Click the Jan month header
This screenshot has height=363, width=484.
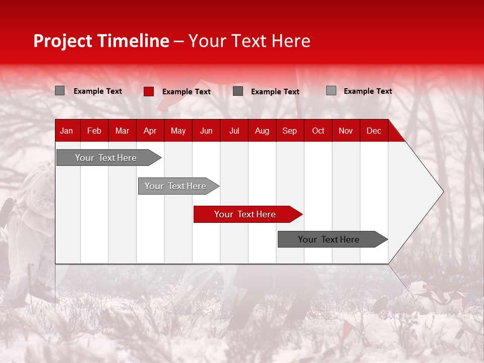point(67,131)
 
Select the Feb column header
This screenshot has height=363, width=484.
point(94,131)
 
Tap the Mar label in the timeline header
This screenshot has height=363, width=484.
point(122,131)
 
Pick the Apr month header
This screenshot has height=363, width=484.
point(150,131)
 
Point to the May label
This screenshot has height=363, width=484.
point(178,131)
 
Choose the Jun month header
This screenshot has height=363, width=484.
point(206,131)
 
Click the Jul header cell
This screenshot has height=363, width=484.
point(234,131)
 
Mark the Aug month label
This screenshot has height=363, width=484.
point(262,131)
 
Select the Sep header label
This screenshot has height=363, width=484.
point(289,131)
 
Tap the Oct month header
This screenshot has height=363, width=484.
point(318,131)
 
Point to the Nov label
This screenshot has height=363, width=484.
point(346,131)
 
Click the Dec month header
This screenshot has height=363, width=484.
point(374,131)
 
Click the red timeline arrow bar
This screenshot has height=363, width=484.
point(248,214)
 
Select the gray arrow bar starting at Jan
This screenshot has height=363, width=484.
point(109,158)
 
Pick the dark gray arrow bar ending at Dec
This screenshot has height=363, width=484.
point(333,239)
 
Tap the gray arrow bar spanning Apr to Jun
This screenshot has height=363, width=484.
point(178,186)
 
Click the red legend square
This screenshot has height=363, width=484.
point(149,91)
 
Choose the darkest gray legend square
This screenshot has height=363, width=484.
point(238,91)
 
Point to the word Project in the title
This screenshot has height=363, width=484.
point(63,41)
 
